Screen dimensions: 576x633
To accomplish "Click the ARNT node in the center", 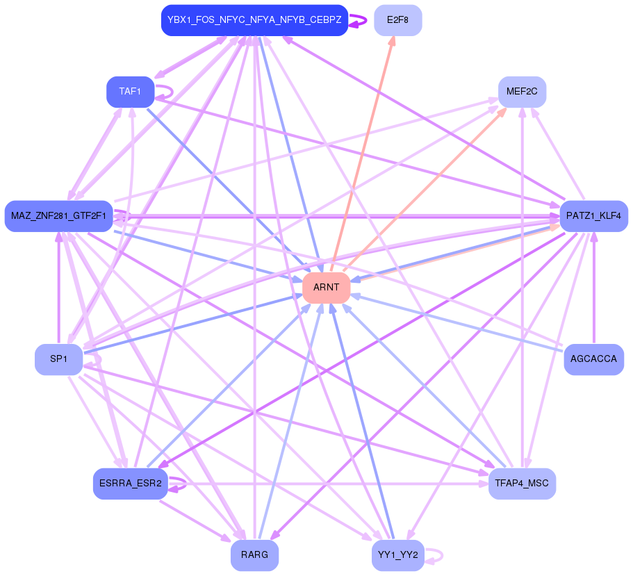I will click(326, 287).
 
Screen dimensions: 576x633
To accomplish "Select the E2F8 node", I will click(397, 20).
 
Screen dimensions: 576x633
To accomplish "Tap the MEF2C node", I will click(522, 92).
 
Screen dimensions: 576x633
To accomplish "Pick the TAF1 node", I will click(130, 92).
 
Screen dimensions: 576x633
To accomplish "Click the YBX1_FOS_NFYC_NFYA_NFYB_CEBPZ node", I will click(254, 20).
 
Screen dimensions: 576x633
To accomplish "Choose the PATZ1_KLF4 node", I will click(593, 215).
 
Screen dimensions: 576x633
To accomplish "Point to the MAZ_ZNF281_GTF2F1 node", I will click(58, 215).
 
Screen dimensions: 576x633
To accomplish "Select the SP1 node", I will click(58, 359).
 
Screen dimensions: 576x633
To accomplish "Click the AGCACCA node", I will click(593, 359).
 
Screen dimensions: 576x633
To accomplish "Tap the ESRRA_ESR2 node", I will click(130, 483).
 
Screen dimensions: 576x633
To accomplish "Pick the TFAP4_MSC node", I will click(522, 483).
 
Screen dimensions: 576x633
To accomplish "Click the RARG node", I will click(254, 554).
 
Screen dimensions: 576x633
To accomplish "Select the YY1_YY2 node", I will click(397, 554).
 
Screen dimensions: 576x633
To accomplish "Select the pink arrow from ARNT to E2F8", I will click(362, 154).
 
